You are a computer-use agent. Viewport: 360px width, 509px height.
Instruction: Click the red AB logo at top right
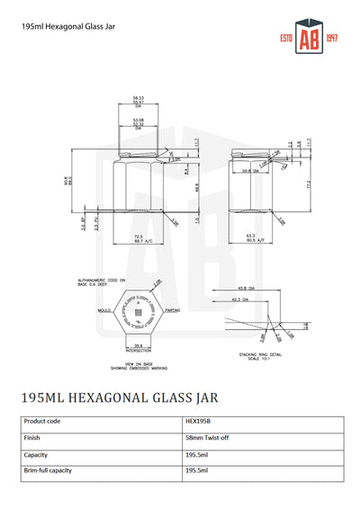[309, 39]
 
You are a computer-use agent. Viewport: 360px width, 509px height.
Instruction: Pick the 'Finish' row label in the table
[31, 437]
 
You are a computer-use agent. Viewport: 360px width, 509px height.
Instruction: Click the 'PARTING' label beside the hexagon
[173, 311]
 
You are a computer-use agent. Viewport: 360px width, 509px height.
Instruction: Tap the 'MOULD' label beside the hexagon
[104, 311]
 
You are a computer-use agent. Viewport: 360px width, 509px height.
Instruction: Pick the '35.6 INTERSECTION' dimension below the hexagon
[139, 347]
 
